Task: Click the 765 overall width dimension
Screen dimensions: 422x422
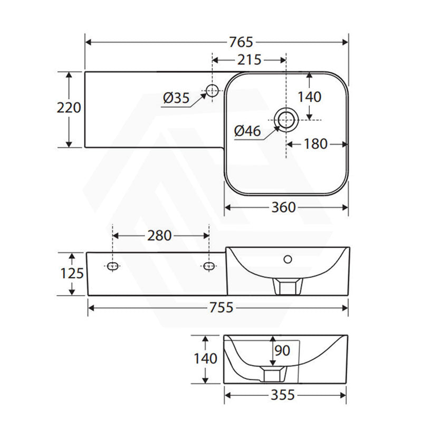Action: [241, 42]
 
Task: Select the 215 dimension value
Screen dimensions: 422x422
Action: [249, 60]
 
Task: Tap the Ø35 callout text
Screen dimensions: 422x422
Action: [177, 98]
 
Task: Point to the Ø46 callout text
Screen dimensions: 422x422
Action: [247, 131]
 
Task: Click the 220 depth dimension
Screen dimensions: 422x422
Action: [69, 108]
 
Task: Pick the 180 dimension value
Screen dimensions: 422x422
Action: [315, 144]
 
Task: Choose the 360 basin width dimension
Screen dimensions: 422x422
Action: [283, 207]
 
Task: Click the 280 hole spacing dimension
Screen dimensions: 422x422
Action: [159, 236]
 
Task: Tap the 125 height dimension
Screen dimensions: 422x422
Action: [72, 273]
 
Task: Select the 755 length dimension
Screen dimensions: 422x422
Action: [221, 308]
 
